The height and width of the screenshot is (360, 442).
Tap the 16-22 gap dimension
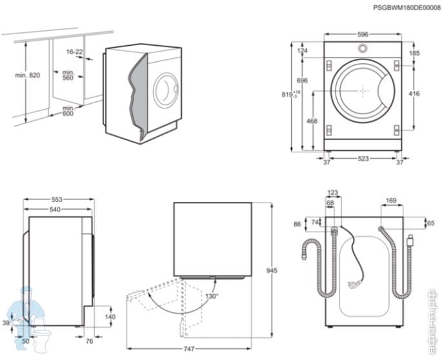(x=74, y=52)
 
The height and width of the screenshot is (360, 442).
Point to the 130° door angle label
(x=212, y=296)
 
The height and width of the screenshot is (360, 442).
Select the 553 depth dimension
(x=57, y=200)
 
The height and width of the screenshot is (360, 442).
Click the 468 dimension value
(x=312, y=121)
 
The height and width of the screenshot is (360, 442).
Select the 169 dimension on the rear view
(x=391, y=201)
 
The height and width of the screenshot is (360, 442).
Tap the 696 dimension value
(x=301, y=80)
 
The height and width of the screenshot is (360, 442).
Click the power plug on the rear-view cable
(x=353, y=284)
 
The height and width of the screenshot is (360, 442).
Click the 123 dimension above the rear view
(x=332, y=192)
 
